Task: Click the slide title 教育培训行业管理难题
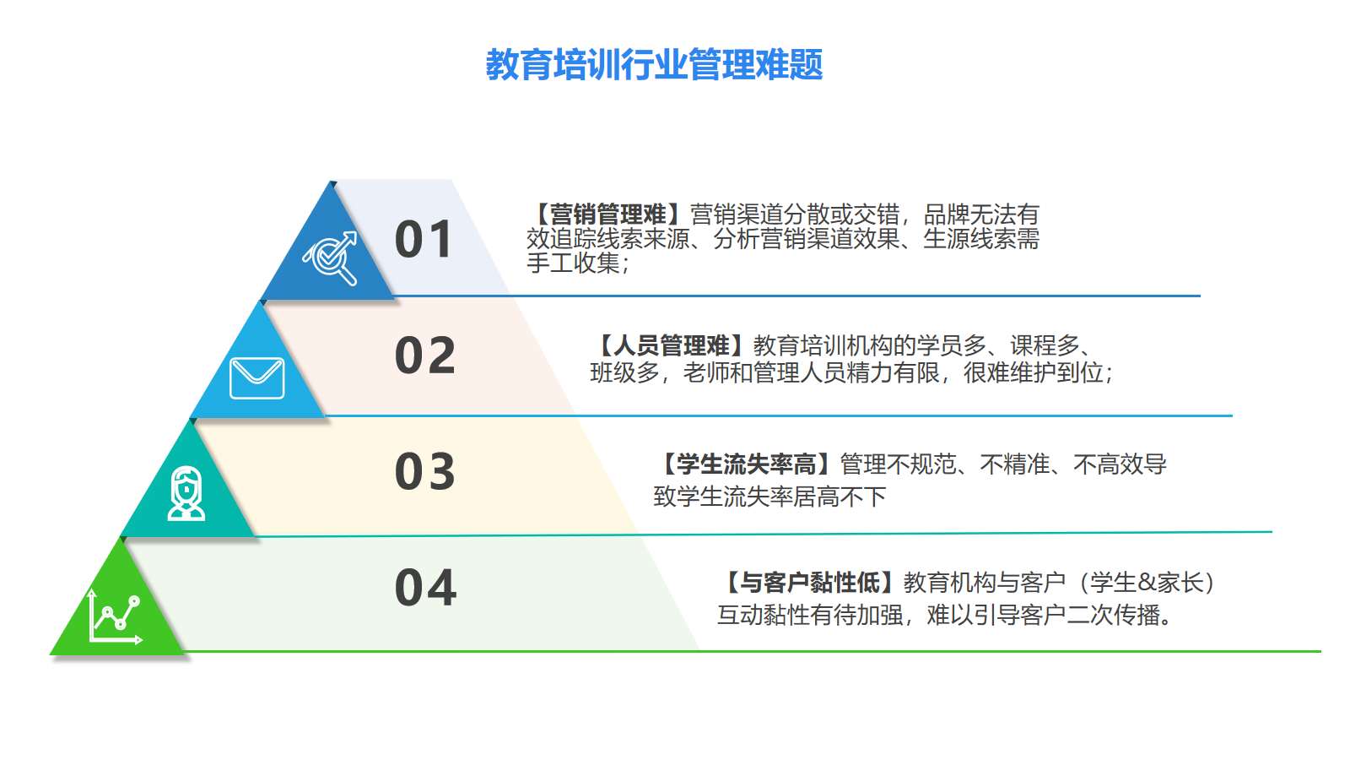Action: point(654,64)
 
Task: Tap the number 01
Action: point(423,240)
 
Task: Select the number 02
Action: point(425,356)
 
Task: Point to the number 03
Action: point(425,471)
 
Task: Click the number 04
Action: point(425,587)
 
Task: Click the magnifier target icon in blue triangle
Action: point(330,258)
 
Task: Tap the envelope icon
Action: point(257,378)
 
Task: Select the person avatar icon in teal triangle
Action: point(186,493)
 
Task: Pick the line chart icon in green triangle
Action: point(115,616)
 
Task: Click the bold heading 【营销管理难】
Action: point(607,214)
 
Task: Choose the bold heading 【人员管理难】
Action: point(672,345)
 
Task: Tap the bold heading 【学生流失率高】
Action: point(746,464)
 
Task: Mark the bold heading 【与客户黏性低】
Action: point(809,583)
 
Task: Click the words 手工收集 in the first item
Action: point(573,263)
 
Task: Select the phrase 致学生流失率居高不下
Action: point(769,497)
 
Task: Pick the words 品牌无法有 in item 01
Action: point(981,214)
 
